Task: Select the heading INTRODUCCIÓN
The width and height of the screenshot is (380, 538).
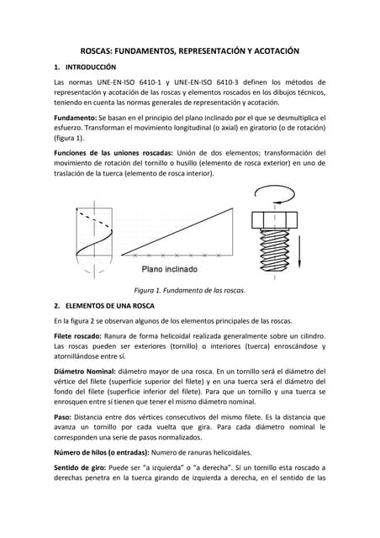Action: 90,66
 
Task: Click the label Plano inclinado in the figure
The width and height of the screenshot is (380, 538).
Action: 169,270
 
